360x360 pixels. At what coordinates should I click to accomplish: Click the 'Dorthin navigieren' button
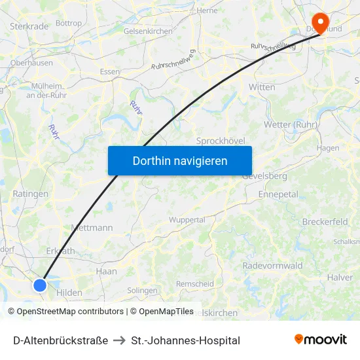[x=180, y=160]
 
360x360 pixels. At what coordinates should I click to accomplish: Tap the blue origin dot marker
[x=40, y=285]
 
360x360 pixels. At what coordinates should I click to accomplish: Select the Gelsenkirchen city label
[x=149, y=31]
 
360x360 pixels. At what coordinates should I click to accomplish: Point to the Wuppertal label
[x=187, y=220]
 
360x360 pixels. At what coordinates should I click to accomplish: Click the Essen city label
[x=110, y=72]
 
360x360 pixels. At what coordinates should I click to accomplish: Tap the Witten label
[x=262, y=87]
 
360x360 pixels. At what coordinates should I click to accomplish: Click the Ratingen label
[x=31, y=194]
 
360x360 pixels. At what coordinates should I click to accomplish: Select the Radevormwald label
[x=272, y=266]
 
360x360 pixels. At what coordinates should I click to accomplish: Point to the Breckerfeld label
[x=325, y=222]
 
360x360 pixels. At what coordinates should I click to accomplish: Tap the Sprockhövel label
[x=220, y=141]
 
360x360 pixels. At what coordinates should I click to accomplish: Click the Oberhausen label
[x=31, y=63]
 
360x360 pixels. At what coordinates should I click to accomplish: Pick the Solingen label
[x=142, y=290]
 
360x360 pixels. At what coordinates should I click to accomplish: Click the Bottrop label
[x=69, y=23]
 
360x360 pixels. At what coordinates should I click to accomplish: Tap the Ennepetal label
[x=278, y=194]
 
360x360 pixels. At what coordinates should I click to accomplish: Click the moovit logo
[x=321, y=339]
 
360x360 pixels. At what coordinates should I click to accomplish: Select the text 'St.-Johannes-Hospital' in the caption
[x=185, y=340]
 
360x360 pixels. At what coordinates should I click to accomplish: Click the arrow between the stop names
[x=119, y=340]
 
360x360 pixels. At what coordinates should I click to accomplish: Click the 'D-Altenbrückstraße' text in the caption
[x=60, y=340]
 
